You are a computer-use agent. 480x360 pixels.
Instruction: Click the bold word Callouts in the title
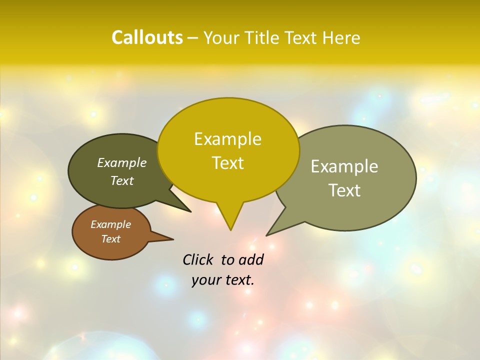tap(147, 37)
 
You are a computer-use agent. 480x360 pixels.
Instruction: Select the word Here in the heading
tap(341, 37)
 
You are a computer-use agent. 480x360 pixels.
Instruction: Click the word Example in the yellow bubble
tap(227, 139)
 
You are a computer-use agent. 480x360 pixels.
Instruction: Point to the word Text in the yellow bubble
tap(227, 163)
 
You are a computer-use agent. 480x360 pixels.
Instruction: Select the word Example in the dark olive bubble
tap(122, 163)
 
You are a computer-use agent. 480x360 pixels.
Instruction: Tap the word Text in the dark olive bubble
tap(122, 181)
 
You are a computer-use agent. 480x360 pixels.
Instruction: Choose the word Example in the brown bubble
tap(110, 224)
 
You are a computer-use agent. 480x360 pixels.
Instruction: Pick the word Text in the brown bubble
tap(110, 239)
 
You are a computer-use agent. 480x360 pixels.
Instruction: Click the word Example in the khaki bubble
tap(344, 166)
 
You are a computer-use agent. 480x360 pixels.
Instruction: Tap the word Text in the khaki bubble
tap(344, 190)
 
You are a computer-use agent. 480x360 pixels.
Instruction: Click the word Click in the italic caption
tap(197, 259)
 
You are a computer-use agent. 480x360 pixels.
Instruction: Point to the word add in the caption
tap(251, 259)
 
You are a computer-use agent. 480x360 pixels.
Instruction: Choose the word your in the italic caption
tap(206, 280)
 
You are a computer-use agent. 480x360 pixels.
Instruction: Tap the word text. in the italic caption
tap(238, 280)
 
